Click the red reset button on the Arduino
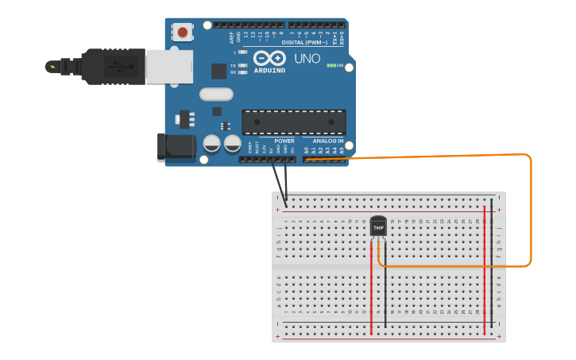click(x=183, y=33)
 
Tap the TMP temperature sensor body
click(x=378, y=226)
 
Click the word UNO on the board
click(x=307, y=59)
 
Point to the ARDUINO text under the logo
click(x=269, y=70)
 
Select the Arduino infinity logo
click(x=269, y=59)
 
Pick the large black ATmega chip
click(x=294, y=122)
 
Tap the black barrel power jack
click(x=176, y=148)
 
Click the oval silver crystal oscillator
click(x=215, y=95)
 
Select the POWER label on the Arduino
click(x=284, y=141)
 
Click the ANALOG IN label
click(x=329, y=141)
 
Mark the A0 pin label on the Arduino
click(x=307, y=149)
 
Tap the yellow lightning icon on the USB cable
click(x=52, y=66)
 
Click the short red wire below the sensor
click(x=371, y=286)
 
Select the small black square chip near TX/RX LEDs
click(x=218, y=71)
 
